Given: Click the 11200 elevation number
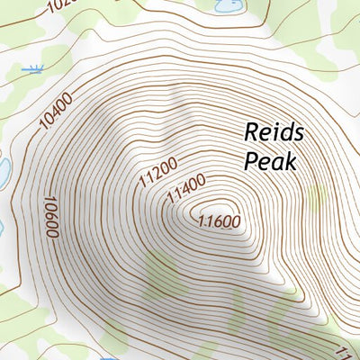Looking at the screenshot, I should (x=158, y=172).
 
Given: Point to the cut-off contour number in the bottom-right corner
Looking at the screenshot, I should (x=352, y=350).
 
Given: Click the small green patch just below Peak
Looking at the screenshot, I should (x=315, y=199).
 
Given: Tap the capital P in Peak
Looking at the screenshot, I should (x=252, y=161).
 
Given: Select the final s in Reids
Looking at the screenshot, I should (x=299, y=134).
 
